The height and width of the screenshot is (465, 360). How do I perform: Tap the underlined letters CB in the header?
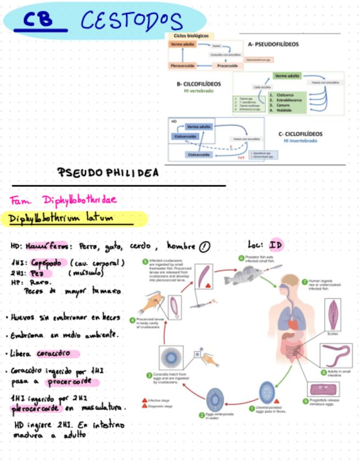point(41,21)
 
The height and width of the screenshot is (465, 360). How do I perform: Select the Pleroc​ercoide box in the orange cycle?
point(182,66)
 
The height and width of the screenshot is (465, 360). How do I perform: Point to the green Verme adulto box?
point(287,76)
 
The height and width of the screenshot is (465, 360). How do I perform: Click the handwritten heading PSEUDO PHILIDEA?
point(108,173)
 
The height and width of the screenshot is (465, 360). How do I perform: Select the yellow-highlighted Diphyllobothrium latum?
point(60,218)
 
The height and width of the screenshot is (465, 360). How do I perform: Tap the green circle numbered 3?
point(148,375)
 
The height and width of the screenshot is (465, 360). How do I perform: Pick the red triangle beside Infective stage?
point(144,400)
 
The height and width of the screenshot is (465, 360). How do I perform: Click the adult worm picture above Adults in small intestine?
point(336,356)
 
